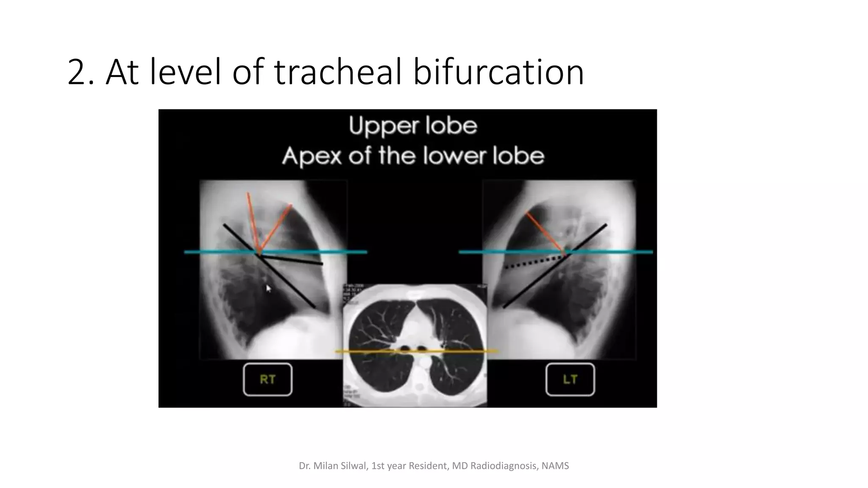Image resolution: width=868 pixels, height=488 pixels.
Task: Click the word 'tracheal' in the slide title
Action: (x=338, y=72)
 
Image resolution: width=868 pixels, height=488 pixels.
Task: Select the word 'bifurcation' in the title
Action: (x=498, y=72)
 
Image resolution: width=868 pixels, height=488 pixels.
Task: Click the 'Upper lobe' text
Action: (x=413, y=126)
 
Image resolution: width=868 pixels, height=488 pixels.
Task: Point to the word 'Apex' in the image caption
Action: (x=312, y=157)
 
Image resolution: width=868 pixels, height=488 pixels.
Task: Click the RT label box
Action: (x=267, y=380)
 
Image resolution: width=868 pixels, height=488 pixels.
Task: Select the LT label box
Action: (x=570, y=380)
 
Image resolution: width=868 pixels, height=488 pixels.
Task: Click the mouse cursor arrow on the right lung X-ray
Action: (x=268, y=288)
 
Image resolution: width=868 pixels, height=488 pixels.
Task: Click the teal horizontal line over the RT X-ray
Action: (x=220, y=252)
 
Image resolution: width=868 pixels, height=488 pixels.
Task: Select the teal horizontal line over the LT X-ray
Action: (x=615, y=252)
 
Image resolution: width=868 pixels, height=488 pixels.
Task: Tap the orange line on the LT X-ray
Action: (x=545, y=232)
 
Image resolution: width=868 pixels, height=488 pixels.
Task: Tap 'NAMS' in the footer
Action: (x=555, y=466)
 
